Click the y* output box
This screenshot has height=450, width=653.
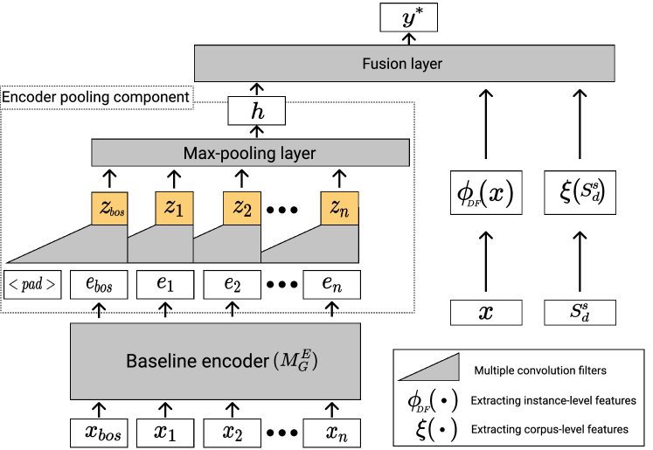pos(408,17)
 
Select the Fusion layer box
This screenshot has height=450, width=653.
pos(413,63)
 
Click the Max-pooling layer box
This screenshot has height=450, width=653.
pos(250,154)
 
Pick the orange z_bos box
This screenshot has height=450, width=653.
pos(109,209)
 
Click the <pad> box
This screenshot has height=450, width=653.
pos(34,284)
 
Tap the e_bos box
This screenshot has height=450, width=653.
pos(99,284)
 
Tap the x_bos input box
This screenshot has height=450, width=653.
pos(99,431)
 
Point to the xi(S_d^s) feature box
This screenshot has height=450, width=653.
pos(577,192)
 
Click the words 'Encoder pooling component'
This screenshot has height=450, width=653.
pos(95,96)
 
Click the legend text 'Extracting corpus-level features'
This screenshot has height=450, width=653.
pos(550,429)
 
